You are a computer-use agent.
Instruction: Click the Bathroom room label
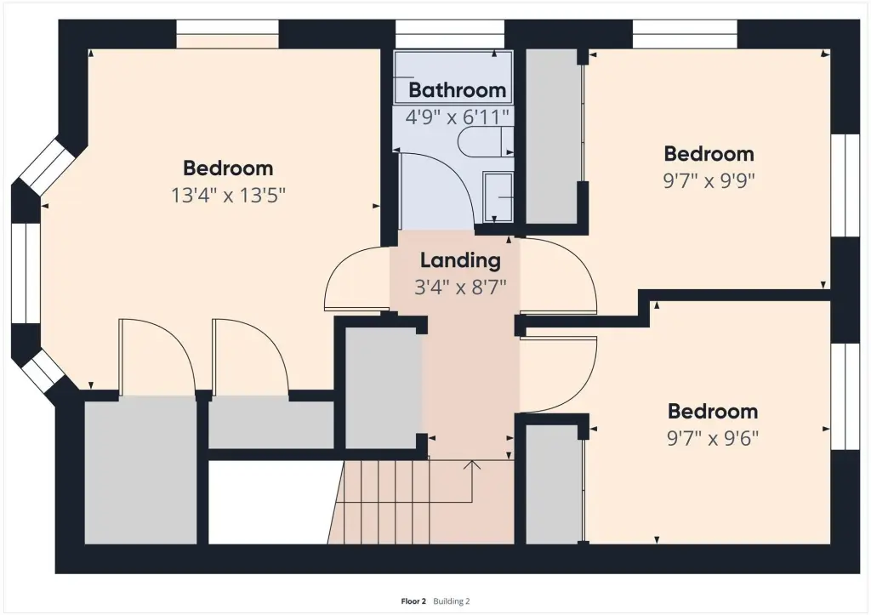pos(457,90)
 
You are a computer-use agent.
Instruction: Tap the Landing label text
pos(460,260)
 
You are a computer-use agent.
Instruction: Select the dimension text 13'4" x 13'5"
pos(228,195)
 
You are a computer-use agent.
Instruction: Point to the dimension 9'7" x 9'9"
pos(709,180)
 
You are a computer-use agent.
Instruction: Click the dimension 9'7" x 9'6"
pos(713,438)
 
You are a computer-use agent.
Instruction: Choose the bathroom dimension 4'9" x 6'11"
pos(457,117)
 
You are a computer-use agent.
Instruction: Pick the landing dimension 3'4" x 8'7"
pos(460,288)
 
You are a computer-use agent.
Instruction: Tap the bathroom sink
pos(498,196)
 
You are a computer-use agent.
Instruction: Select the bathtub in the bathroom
pos(453,77)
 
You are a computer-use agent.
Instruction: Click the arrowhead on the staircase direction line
pos(472,464)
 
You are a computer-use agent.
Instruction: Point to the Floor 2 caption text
pos(413,601)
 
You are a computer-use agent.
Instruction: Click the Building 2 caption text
pos(452,601)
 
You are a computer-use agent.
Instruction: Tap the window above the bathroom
pos(450,34)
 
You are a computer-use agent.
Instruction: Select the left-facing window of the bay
pos(26,273)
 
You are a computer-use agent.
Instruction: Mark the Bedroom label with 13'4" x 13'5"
pos(228,168)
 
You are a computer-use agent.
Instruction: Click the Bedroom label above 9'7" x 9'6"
pos(713,411)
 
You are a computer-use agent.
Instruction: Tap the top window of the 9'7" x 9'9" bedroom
pos(685,34)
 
